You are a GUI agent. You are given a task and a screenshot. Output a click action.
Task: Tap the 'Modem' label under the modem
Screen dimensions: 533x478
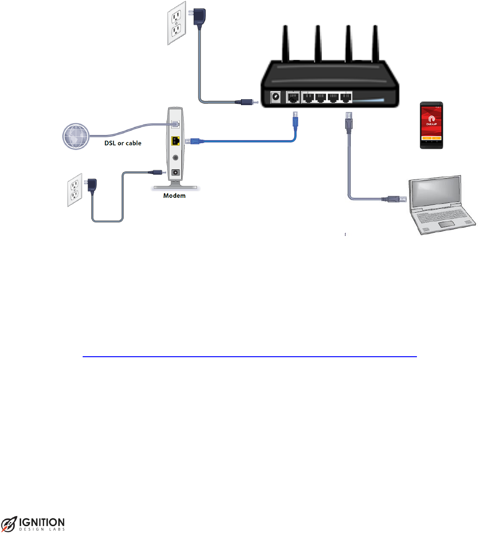[174, 196]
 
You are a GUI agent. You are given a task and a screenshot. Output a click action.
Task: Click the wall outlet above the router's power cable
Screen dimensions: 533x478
[175, 24]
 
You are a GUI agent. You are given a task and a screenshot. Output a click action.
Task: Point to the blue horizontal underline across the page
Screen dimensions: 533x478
[249, 356]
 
